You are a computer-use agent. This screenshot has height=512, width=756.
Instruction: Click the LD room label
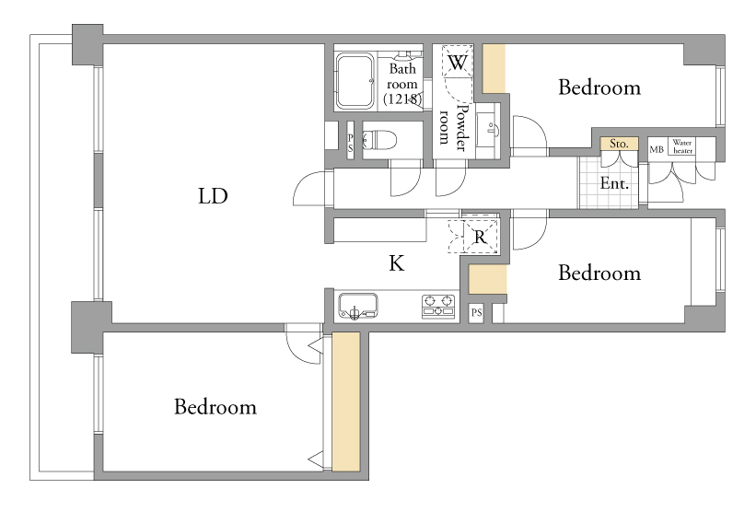coord(213,196)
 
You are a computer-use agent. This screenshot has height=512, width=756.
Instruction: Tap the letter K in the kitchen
coord(396,263)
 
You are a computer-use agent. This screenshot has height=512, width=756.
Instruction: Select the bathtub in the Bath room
coord(355,80)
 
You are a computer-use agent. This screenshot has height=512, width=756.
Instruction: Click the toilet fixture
coord(379,140)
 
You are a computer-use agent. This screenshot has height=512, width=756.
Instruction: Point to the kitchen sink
coord(358,306)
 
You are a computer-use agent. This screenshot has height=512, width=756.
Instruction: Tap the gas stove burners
coord(438,306)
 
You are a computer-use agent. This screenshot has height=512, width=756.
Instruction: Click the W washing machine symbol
coord(457,62)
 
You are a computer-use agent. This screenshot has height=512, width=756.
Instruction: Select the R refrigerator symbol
coord(481,237)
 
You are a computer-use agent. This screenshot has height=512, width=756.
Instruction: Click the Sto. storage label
coord(619,144)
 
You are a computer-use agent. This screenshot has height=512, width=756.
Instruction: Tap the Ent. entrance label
coord(614,183)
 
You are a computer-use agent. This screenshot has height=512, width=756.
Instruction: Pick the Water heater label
coord(682,146)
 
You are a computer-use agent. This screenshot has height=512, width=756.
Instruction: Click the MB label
coord(657,149)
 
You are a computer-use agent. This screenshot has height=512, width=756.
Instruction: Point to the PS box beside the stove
coord(476,312)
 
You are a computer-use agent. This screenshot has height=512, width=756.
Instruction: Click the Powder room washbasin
coord(488,130)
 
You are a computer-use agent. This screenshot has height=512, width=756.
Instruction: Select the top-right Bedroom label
coord(599,87)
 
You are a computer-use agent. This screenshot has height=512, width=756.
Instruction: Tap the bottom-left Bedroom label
coord(215,407)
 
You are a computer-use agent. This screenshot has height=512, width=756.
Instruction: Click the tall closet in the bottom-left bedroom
coord(346,401)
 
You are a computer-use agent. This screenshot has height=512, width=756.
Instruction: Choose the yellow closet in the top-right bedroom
coord(494,69)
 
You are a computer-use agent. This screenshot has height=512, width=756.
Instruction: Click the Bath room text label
coord(402,84)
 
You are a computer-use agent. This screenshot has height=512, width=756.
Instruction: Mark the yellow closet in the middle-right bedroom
coord(488,279)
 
